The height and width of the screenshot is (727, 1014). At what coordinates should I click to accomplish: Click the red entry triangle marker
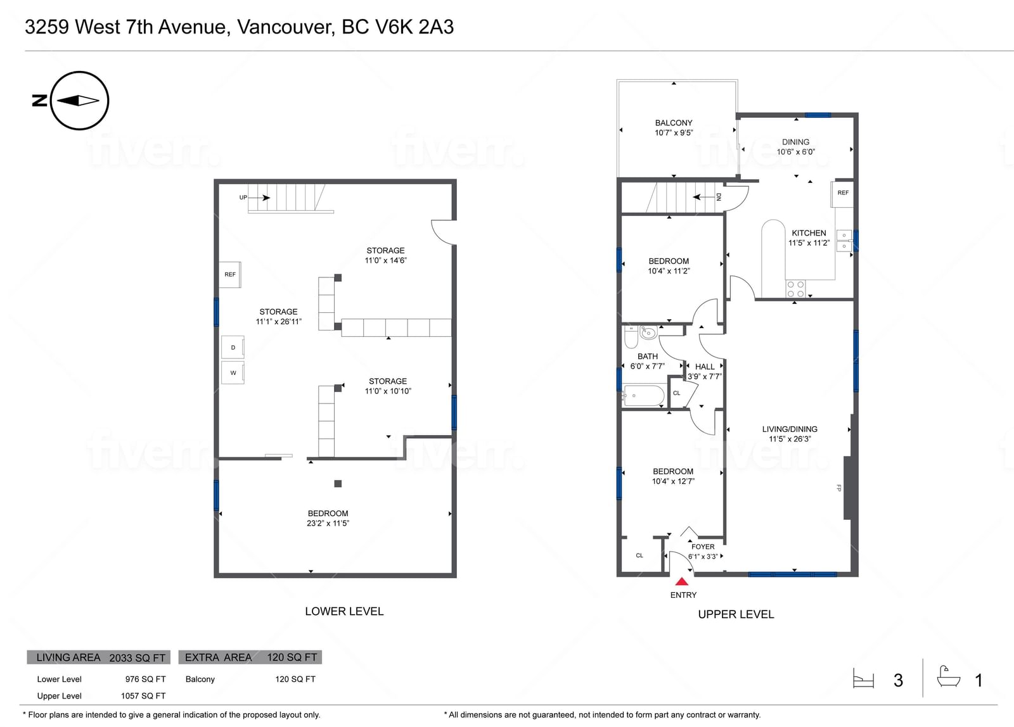682,581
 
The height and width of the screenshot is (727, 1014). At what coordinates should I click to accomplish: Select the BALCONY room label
674,123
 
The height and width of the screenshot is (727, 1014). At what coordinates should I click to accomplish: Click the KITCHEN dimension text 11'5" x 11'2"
809,243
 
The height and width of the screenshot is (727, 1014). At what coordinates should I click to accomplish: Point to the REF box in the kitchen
842,193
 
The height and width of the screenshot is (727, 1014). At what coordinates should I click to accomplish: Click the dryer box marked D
233,348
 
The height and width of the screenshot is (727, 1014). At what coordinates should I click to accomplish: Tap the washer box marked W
233,373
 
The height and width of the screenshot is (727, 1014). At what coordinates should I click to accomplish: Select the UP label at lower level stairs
243,197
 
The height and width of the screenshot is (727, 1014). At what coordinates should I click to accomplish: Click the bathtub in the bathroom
643,395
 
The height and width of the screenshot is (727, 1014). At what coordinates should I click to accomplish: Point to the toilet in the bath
631,336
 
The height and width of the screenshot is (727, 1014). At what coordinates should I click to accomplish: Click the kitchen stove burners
795,289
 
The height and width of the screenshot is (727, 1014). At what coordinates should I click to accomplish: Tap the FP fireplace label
839,488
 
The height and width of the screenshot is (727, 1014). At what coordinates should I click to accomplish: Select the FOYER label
703,547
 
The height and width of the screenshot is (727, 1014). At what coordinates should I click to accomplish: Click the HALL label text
705,367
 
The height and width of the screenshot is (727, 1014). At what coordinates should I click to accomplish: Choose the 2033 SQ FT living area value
137,658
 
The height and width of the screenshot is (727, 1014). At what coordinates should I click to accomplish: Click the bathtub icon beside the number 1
949,677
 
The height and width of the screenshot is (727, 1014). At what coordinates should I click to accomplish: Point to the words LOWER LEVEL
344,611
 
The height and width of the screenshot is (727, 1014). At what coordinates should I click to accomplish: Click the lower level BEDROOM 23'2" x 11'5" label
328,518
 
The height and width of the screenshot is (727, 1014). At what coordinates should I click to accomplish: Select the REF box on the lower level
230,275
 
